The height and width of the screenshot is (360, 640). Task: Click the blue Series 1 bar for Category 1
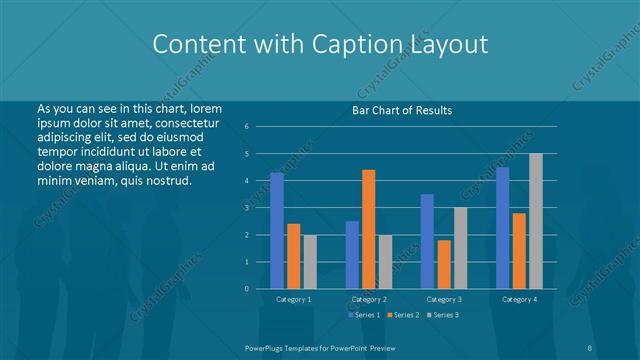[x=277, y=230]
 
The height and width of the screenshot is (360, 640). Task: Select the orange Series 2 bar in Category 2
[x=368, y=229]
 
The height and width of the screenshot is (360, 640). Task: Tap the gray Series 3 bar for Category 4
[x=535, y=221]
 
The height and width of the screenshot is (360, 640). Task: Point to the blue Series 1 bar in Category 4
[x=502, y=227]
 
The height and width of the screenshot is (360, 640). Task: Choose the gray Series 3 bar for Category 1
[x=310, y=261]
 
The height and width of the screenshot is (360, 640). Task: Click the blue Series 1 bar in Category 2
[x=352, y=254]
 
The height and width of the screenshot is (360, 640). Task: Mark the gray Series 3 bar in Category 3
[x=460, y=248]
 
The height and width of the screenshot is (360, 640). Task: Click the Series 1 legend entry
[x=363, y=315]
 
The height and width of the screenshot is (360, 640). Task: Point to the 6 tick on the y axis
[x=247, y=127]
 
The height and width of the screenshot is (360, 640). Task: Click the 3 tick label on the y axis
[x=247, y=208]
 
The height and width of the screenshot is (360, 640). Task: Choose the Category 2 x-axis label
[x=368, y=299]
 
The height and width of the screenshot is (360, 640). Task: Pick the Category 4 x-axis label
[x=518, y=299]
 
